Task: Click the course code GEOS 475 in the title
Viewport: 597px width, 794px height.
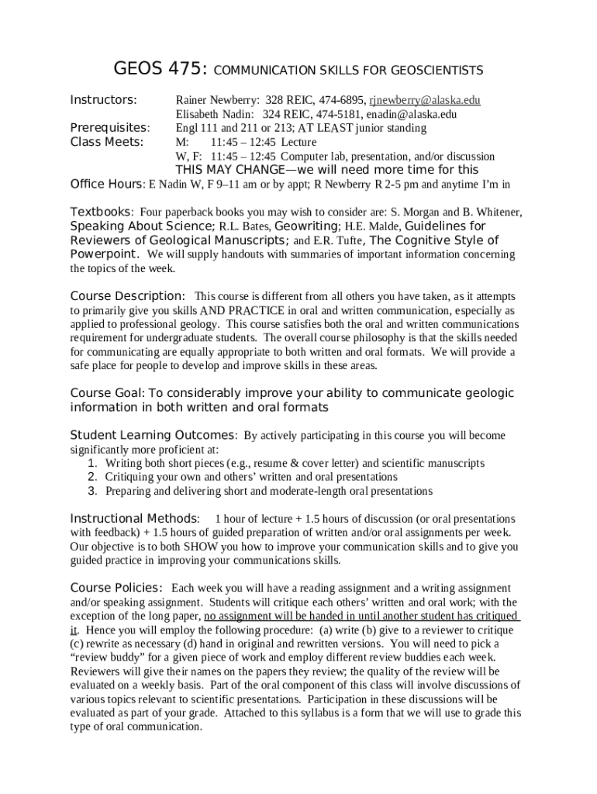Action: coord(160,70)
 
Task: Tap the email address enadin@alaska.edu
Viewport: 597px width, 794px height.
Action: coord(411,114)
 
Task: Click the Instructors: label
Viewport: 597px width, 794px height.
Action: coord(104,100)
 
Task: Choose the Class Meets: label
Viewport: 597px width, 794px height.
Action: coord(107,142)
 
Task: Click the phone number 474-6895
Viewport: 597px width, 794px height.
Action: coord(340,100)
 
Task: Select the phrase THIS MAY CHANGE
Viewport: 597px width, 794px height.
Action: coord(226,170)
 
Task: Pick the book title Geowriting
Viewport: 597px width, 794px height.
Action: coord(307,226)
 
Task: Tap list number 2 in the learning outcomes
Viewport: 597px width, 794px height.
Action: coord(91,477)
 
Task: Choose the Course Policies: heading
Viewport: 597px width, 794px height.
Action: coord(116,588)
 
